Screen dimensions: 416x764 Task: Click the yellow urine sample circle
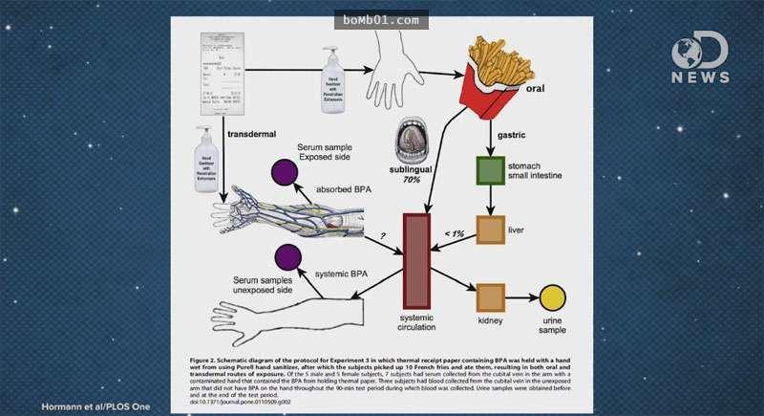(x=553, y=298)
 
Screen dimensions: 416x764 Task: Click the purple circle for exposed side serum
(x=284, y=174)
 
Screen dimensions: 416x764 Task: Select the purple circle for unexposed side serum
(x=289, y=256)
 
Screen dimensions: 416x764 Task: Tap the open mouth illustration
(x=418, y=141)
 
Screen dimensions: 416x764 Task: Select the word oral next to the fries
(x=563, y=95)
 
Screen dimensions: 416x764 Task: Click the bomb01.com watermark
(x=381, y=18)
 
